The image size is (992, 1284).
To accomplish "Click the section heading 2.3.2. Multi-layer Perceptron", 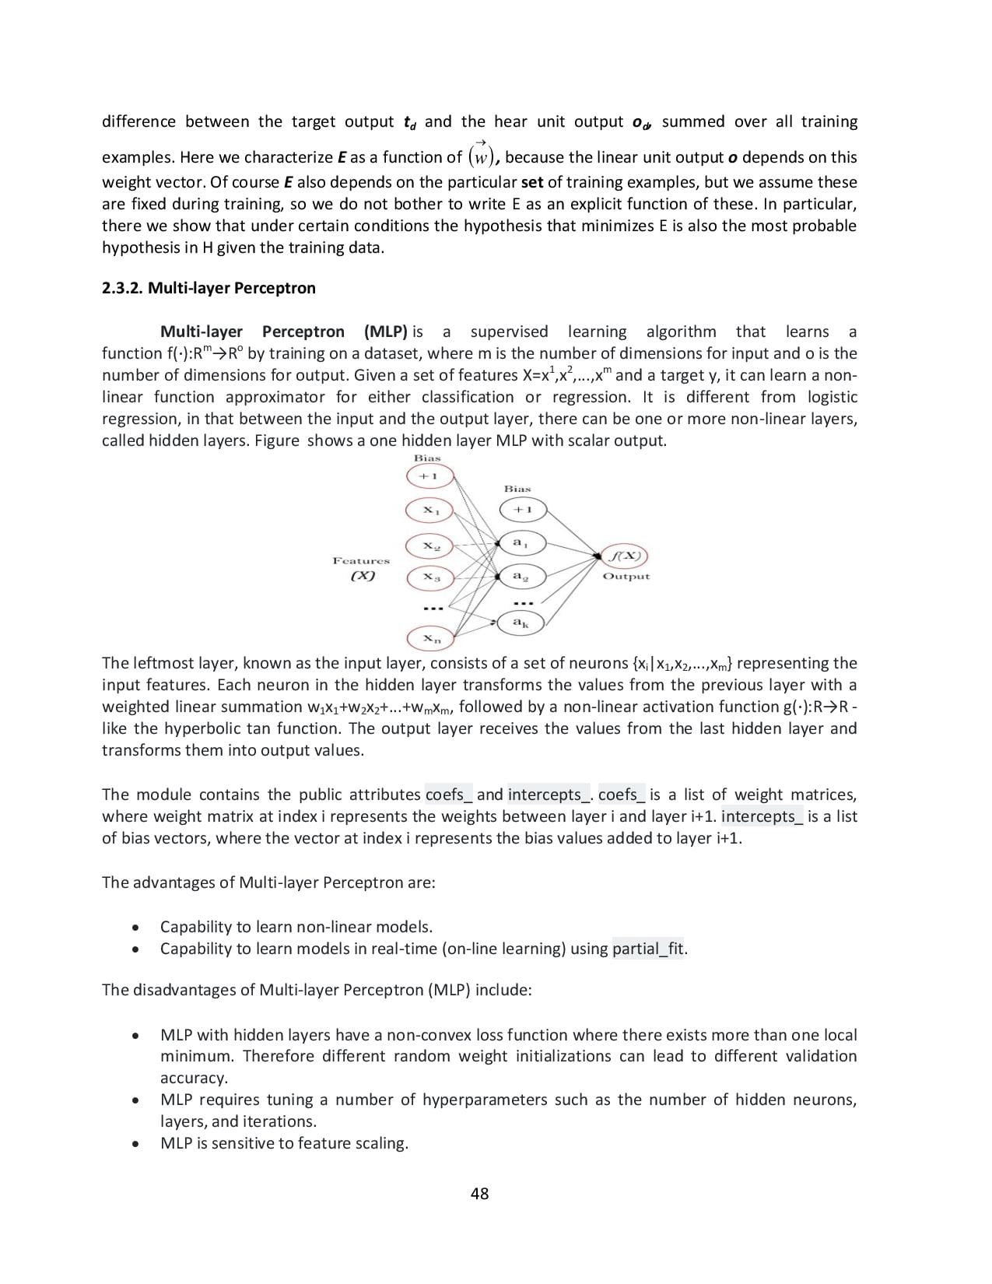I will (209, 288).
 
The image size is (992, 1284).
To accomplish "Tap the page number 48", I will (480, 1194).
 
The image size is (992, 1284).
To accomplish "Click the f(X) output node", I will (626, 556).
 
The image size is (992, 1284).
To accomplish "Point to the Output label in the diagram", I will (626, 577).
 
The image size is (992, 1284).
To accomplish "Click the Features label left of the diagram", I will (361, 560).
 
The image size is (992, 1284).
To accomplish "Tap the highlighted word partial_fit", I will (648, 949).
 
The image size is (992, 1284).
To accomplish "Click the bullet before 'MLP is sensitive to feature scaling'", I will (136, 1144).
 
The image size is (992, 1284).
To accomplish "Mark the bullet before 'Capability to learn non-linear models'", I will (136, 928).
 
